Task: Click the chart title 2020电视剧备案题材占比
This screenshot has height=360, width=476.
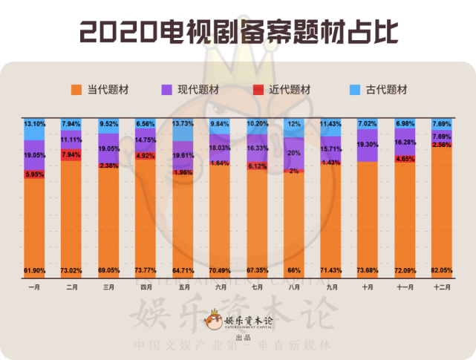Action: point(238,31)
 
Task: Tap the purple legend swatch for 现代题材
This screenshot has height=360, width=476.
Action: point(167,90)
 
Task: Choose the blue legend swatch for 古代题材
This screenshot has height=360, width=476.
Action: point(354,90)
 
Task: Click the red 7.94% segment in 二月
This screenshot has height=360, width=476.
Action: point(71,154)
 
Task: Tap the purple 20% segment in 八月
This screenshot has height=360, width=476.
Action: point(293,152)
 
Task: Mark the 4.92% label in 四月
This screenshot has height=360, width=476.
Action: point(145,156)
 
